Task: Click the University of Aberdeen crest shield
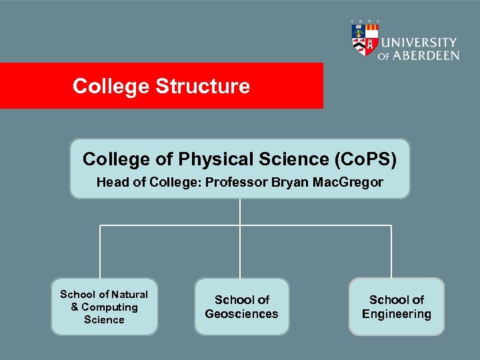(x=364, y=39)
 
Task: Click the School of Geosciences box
(x=242, y=307)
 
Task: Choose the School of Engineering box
(x=397, y=307)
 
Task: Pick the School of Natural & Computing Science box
(x=105, y=307)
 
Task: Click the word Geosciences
(x=242, y=314)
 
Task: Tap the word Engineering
(x=397, y=314)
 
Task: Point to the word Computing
(x=109, y=307)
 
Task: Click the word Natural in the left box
(x=130, y=294)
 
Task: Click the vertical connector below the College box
(x=240, y=212)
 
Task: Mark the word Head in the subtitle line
(x=110, y=182)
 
